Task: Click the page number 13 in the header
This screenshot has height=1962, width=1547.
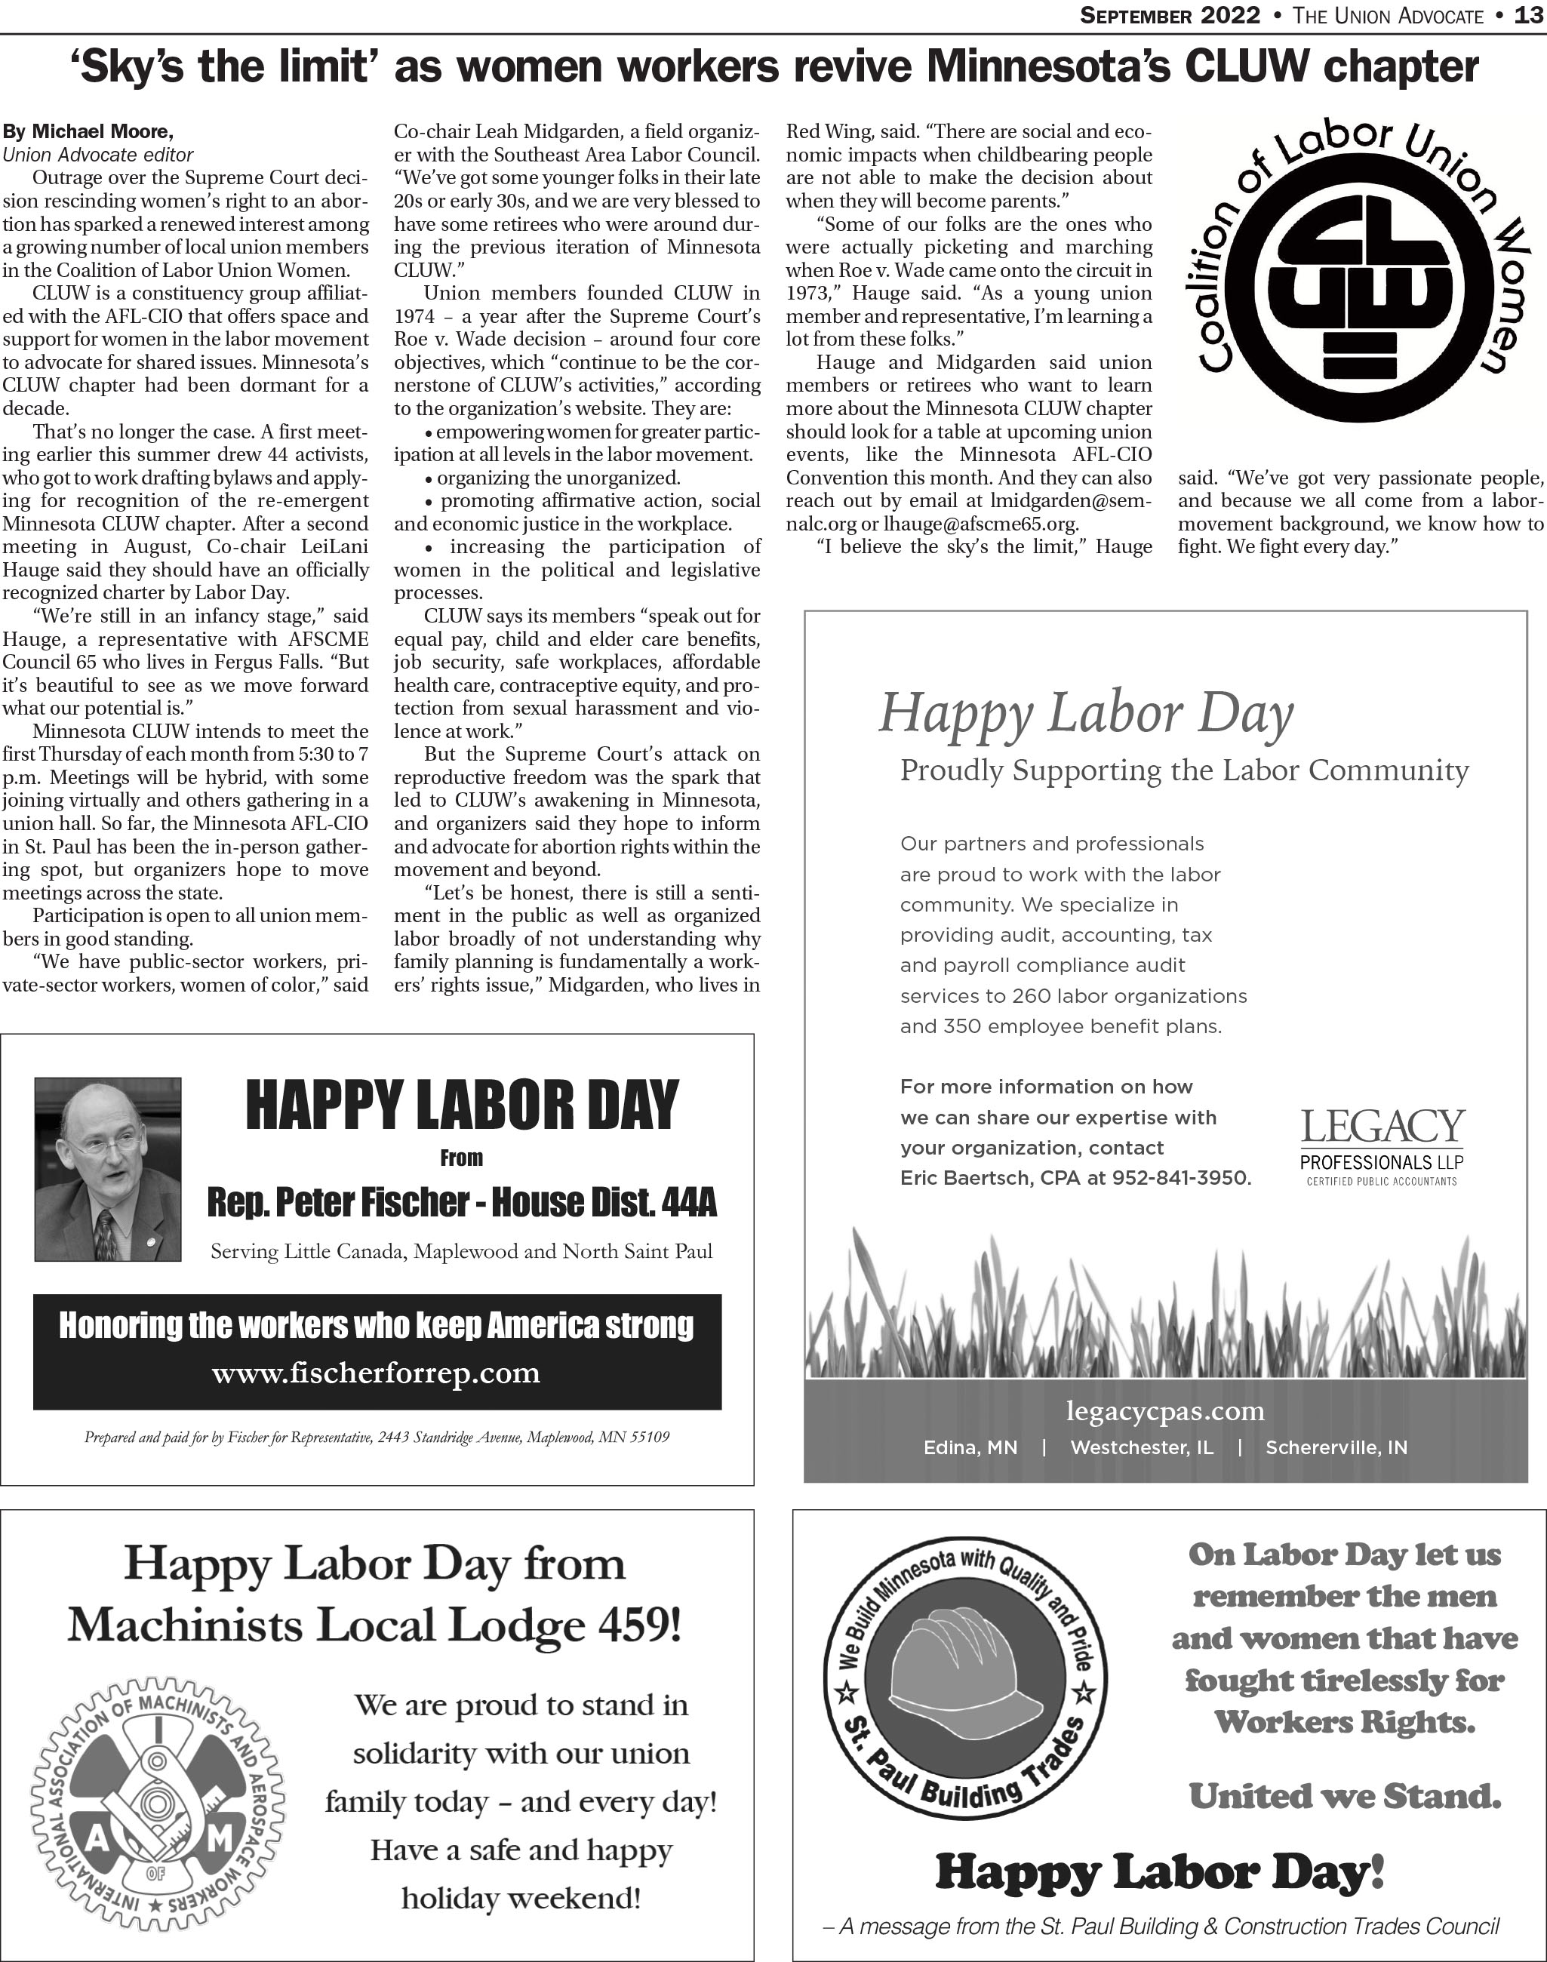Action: click(1530, 15)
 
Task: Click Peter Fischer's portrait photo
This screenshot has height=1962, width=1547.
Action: click(108, 1168)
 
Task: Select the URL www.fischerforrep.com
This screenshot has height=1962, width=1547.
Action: click(376, 1373)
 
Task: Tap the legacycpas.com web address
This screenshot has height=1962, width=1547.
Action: click(1165, 1411)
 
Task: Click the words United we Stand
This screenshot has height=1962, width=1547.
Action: click(1344, 1795)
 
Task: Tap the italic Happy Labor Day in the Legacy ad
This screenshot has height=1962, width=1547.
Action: click(1086, 713)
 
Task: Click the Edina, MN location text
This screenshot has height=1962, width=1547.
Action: click(970, 1447)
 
